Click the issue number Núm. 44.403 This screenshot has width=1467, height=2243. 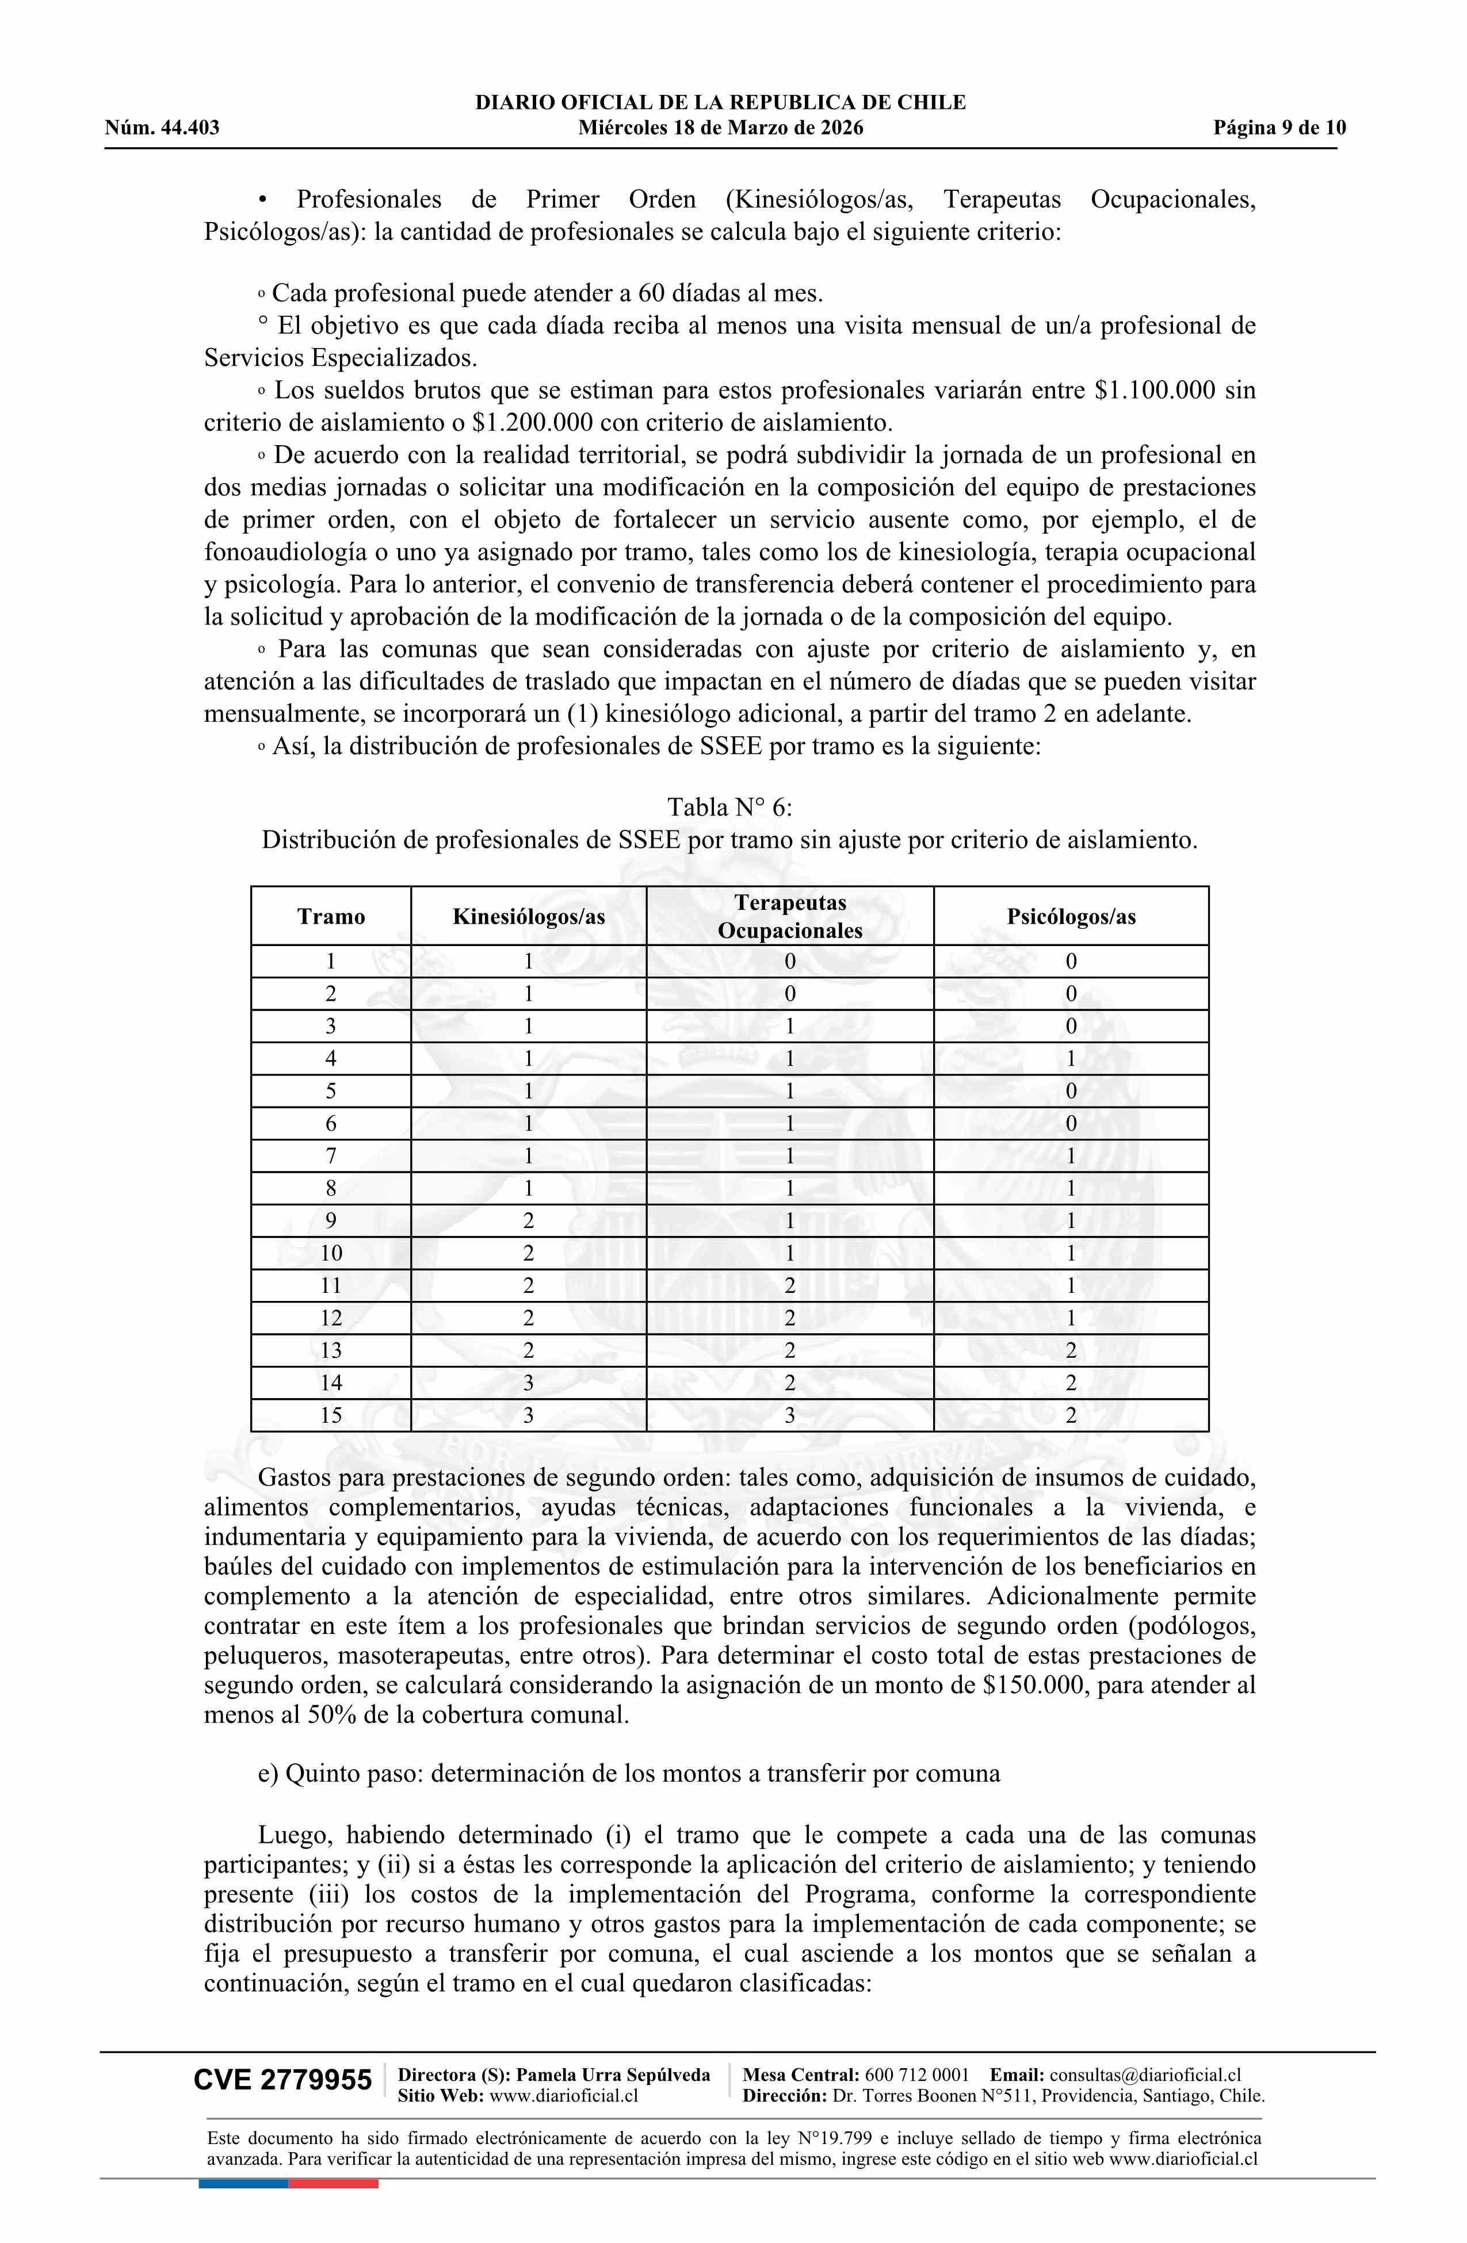tap(162, 128)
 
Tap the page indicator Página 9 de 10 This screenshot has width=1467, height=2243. tap(1279, 128)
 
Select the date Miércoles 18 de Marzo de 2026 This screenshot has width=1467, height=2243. tap(720, 128)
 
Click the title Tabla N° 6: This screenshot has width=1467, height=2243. tap(729, 807)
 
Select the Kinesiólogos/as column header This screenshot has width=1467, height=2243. tap(529, 916)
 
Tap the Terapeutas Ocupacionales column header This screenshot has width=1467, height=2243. tap(790, 916)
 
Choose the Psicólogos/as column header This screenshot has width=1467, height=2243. tap(1071, 916)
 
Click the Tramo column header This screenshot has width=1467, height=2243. tap(331, 916)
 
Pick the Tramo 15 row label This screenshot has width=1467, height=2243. tap(331, 1415)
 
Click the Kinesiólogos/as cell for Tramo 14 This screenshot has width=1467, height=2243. tap(529, 1383)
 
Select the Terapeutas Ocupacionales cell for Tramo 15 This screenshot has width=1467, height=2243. tap(790, 1415)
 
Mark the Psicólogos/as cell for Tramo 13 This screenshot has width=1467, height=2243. tap(1071, 1350)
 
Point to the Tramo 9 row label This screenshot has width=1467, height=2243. tap(331, 1220)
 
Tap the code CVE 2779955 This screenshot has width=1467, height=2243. tap(283, 2080)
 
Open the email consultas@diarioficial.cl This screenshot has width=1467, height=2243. tap(1145, 2074)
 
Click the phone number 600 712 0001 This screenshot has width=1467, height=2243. tap(916, 2074)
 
